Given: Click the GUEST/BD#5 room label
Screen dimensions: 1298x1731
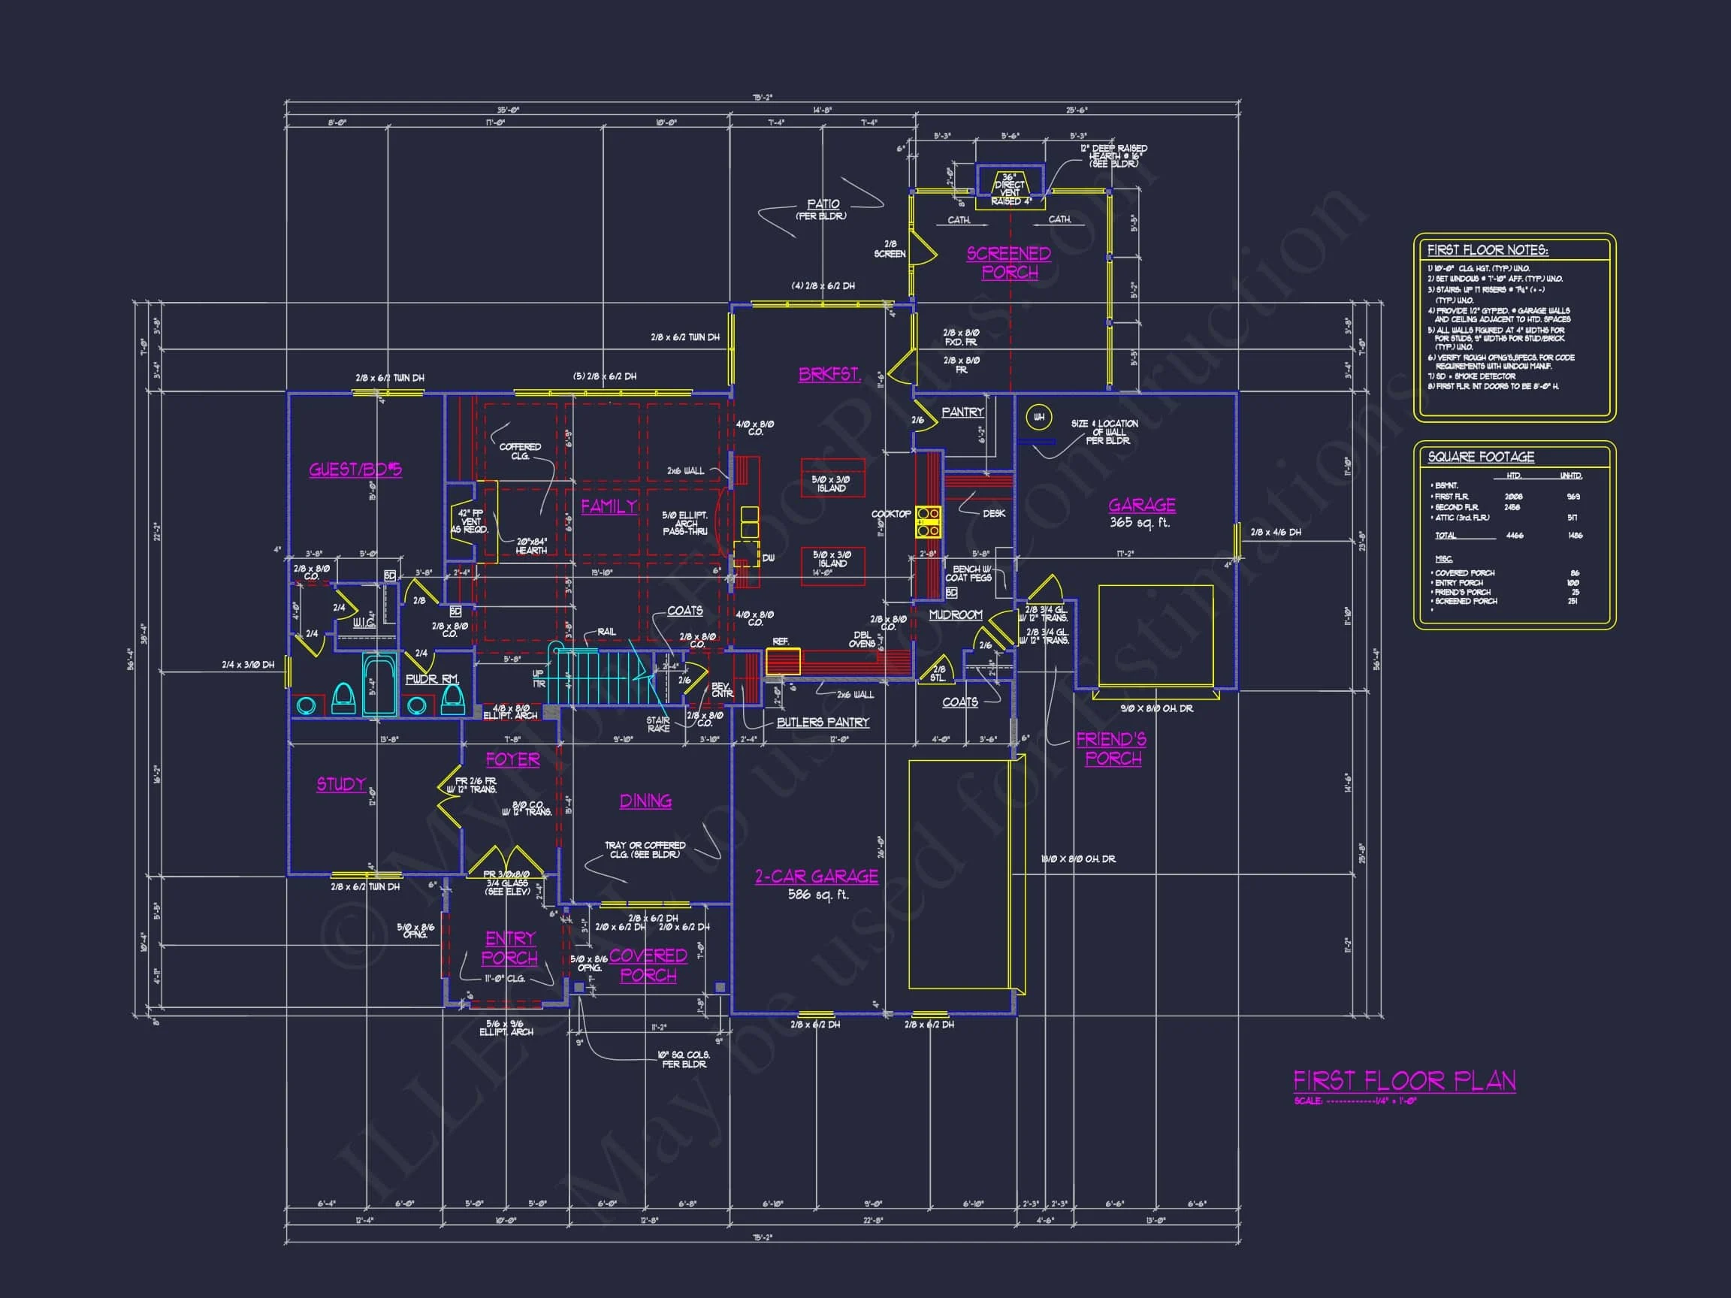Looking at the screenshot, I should point(355,469).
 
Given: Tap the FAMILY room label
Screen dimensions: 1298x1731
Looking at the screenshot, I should point(609,506).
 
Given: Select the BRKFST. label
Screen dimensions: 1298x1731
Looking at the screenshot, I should point(829,374).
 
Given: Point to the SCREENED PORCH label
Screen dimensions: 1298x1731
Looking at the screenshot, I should point(1009,263).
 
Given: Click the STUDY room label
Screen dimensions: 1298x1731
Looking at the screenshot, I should point(340,784).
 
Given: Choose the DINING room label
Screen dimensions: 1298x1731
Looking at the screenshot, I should point(645,801).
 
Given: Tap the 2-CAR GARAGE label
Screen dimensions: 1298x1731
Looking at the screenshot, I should point(816,877).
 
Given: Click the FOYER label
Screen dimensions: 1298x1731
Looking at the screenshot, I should point(512,759).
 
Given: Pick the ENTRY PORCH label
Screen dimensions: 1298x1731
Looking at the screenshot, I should point(510,947).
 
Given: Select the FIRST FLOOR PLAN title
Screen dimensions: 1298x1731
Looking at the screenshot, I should point(1404,1081).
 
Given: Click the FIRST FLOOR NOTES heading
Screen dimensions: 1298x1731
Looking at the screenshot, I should point(1488,250).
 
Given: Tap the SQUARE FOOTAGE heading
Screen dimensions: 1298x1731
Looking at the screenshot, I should point(1481,457).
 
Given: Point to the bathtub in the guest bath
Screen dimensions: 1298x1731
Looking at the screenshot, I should point(379,685).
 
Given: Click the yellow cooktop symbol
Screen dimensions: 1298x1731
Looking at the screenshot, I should point(929,522).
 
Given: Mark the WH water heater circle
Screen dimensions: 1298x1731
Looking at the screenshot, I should point(1038,417).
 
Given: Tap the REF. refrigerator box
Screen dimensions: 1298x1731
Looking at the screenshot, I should point(783,661).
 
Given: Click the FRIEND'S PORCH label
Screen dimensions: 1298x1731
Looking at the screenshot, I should point(1112,749).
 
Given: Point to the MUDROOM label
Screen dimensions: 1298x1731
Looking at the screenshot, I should point(955,615).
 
